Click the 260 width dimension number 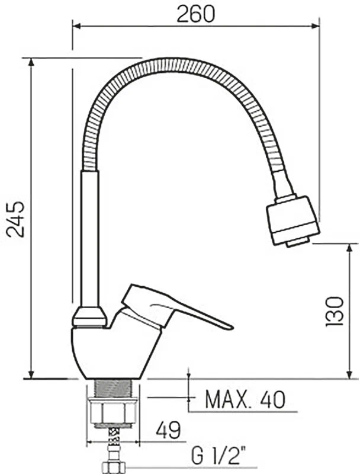(195, 14)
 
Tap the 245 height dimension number (16, 219)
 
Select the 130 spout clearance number (335, 311)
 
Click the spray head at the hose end (292, 220)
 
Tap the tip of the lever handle (232, 328)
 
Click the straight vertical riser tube (90, 238)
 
